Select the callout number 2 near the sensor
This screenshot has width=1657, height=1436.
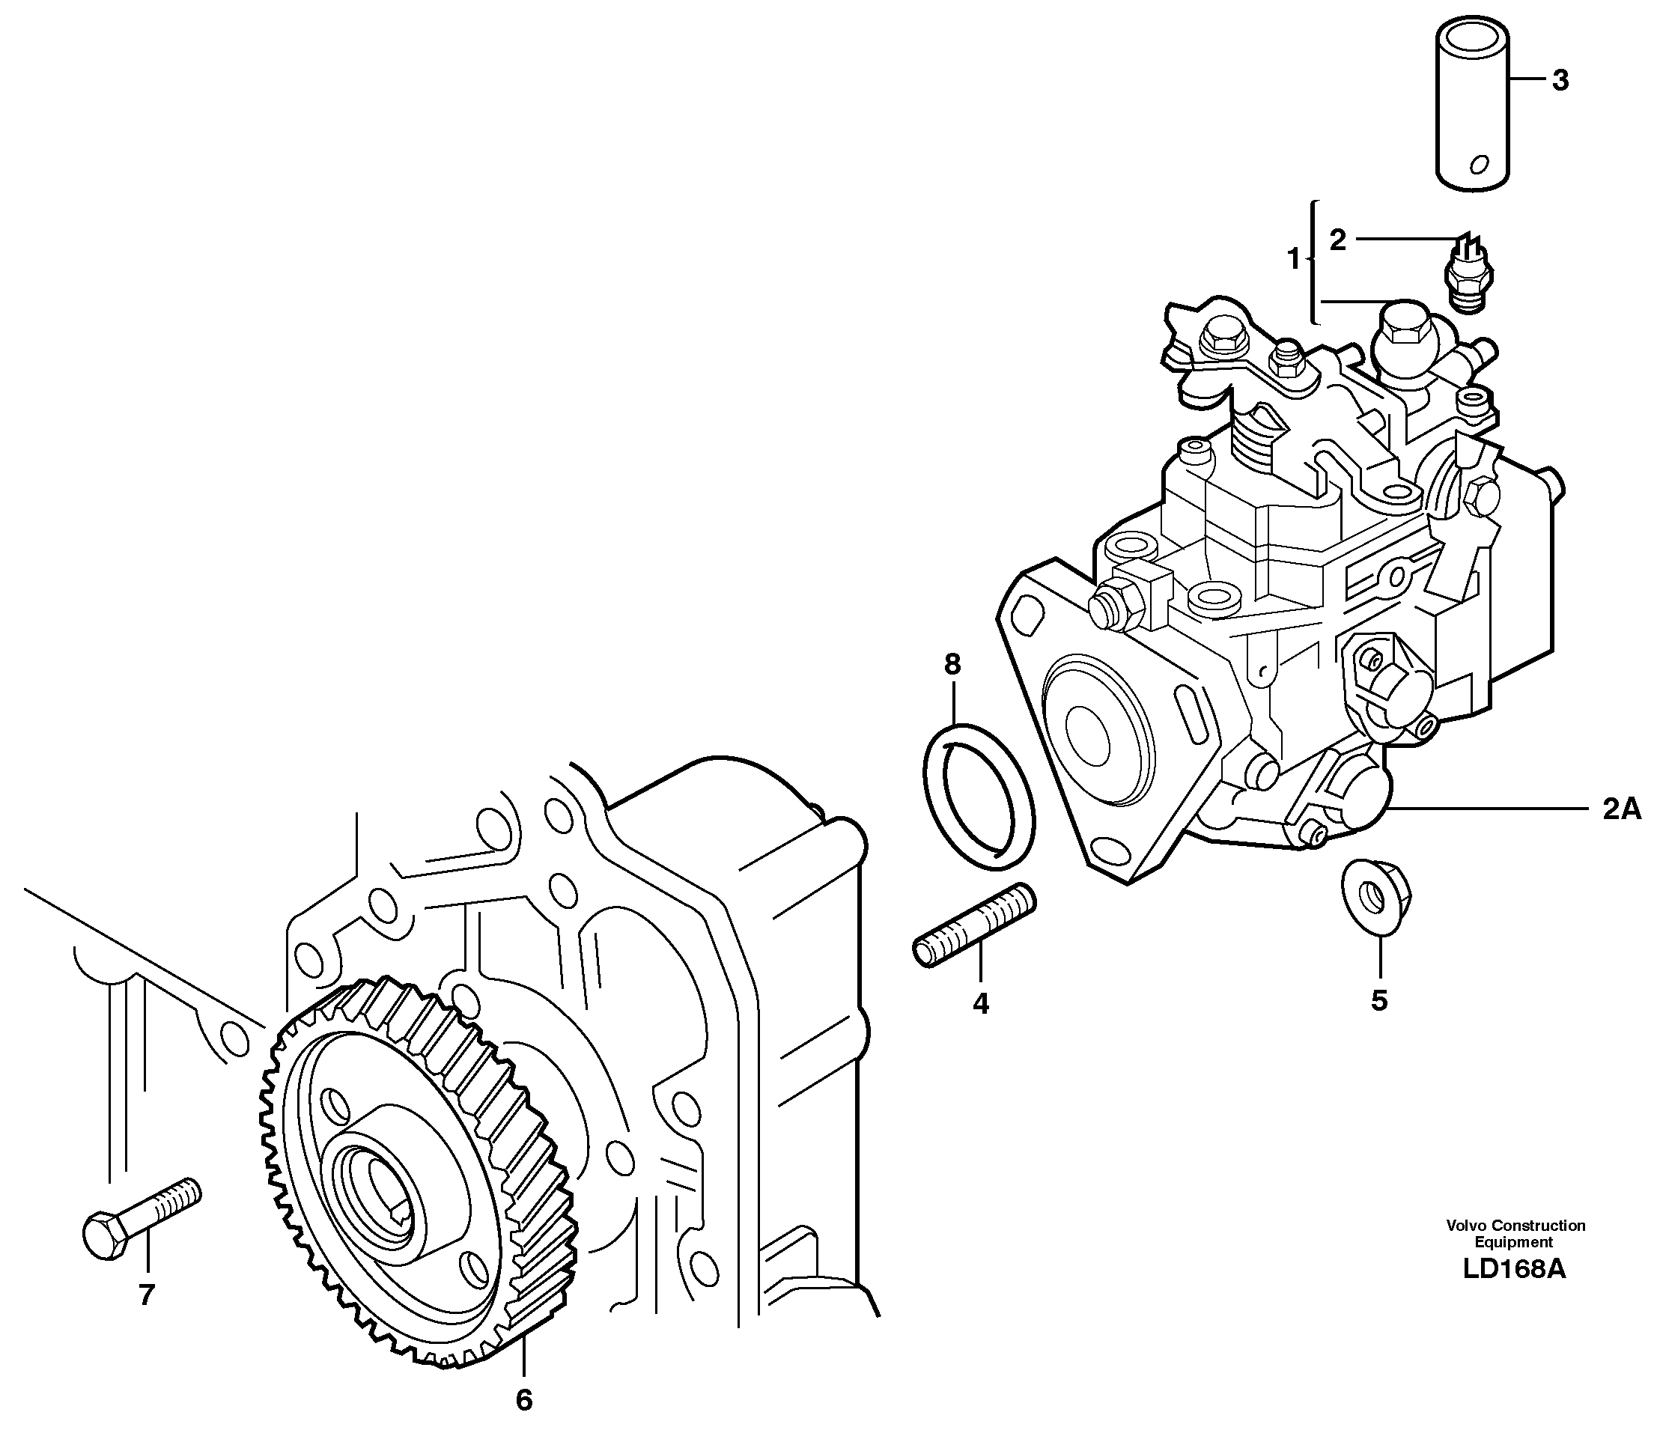[1338, 240]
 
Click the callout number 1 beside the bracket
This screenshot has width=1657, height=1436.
[1292, 260]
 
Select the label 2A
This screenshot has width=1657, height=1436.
[1621, 809]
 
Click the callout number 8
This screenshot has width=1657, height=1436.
[952, 664]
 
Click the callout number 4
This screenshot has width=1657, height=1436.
[980, 1003]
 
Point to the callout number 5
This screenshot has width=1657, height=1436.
[1379, 1000]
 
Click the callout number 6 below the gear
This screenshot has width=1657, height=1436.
[523, 1400]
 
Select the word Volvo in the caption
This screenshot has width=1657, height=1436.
[1465, 1226]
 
